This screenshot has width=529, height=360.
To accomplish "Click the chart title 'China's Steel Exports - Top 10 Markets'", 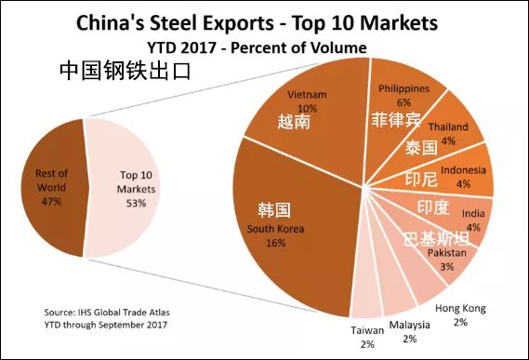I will [264, 20].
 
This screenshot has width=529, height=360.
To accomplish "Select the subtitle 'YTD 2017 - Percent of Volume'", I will [264, 46].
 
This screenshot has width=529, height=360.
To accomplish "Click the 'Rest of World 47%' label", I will [50, 187].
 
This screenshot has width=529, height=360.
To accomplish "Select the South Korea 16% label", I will [274, 233].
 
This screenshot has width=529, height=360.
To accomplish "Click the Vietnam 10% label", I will [307, 101].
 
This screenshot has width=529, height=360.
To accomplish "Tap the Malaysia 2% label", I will [410, 331].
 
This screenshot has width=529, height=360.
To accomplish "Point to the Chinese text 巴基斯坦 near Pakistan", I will [434, 239].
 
